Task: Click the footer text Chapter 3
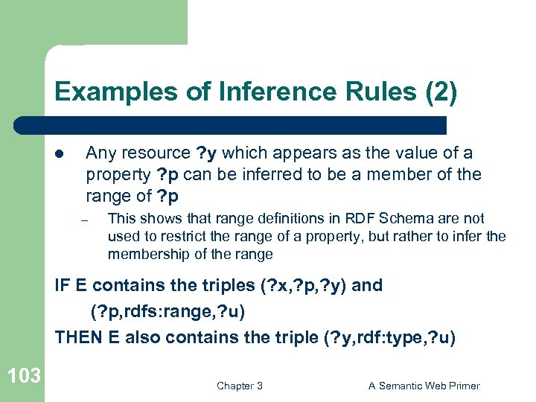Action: tap(239, 386)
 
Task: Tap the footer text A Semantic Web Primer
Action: tap(424, 386)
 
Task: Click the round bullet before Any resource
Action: tap(61, 154)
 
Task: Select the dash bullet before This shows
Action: tap(86, 220)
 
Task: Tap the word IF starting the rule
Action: tap(63, 286)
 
